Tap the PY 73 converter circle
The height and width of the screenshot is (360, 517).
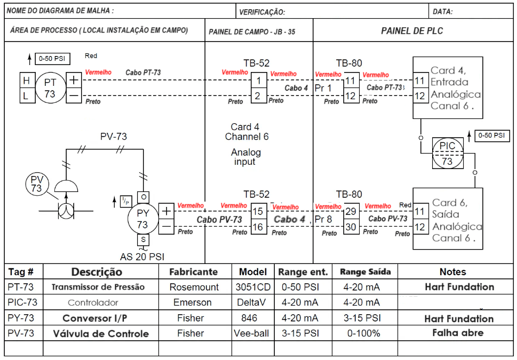pyautogui.click(x=142, y=218)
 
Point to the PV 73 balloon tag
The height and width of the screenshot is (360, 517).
pyautogui.click(x=36, y=183)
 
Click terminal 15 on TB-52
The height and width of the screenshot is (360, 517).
pyautogui.click(x=258, y=212)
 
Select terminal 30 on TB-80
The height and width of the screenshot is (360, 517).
pyautogui.click(x=351, y=227)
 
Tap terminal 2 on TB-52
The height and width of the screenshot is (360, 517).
pyautogui.click(x=258, y=96)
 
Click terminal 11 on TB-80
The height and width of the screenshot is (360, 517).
pyautogui.click(x=351, y=81)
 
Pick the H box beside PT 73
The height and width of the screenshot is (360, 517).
pyautogui.click(x=26, y=81)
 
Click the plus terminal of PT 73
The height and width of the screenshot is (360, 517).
pyautogui.click(x=73, y=81)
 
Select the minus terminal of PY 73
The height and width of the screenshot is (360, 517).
pyautogui.click(x=166, y=226)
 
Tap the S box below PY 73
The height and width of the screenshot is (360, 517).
pyautogui.click(x=142, y=240)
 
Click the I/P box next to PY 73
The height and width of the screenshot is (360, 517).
pyautogui.click(x=126, y=201)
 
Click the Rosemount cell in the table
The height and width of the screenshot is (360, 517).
pyautogui.click(x=194, y=287)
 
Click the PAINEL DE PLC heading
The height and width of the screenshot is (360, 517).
pyautogui.click(x=412, y=31)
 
